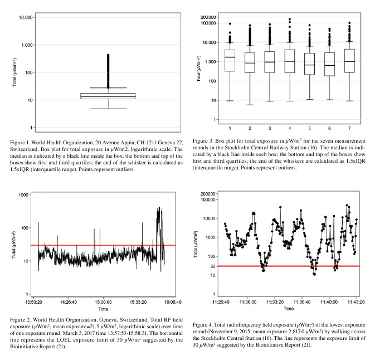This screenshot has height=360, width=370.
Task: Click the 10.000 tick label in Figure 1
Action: click(24, 17)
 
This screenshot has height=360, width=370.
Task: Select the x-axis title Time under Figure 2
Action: click(103, 308)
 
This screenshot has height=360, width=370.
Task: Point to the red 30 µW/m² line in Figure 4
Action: click(290, 266)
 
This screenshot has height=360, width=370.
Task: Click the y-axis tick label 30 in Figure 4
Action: click(213, 266)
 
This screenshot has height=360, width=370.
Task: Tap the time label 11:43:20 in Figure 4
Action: click(355, 301)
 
